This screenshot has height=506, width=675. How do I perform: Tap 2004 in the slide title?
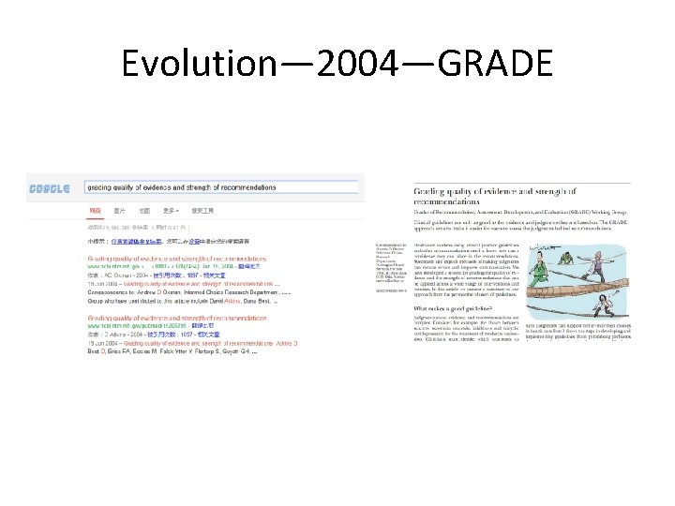tap(346, 64)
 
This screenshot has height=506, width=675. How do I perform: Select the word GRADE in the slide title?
tap(494, 64)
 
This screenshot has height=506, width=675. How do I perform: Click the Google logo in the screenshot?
tap(50, 187)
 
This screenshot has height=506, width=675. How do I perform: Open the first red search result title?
tap(177, 257)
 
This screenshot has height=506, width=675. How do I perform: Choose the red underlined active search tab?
tap(95, 211)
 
